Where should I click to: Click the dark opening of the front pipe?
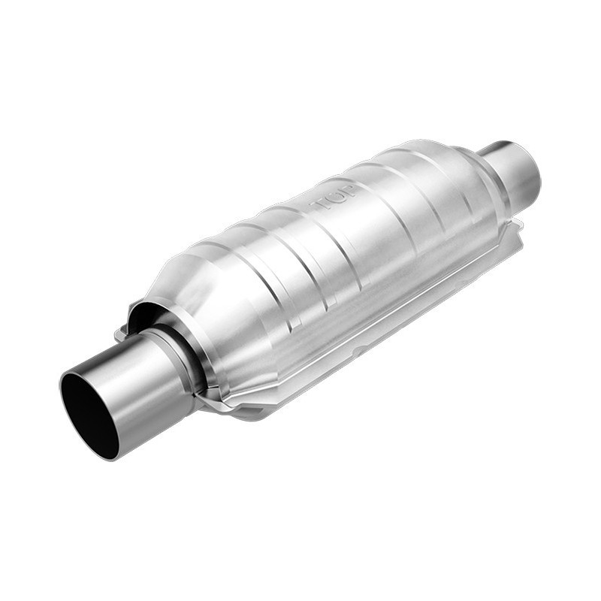pyautogui.click(x=89, y=414)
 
